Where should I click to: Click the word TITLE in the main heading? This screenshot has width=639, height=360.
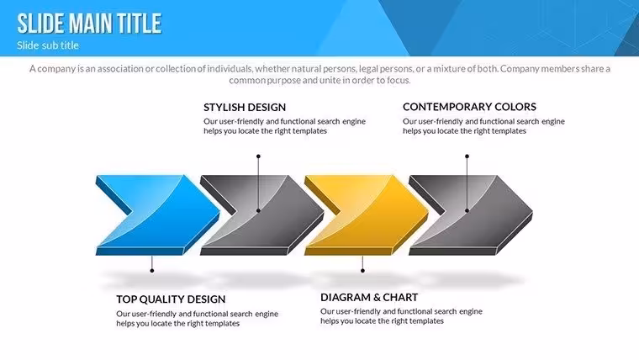tap(139, 24)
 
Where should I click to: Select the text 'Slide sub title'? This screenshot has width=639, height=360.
tap(48, 45)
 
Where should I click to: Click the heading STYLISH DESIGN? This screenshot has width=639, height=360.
tap(245, 107)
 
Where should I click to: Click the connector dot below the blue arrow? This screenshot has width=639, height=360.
tap(152, 271)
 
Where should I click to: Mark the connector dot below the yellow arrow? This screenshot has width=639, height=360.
tap(362, 271)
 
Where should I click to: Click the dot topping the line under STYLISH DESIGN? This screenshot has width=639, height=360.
tap(258, 156)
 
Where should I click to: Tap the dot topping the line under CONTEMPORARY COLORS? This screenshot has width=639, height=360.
tap(467, 156)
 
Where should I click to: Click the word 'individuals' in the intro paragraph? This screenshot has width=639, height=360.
tap(230, 68)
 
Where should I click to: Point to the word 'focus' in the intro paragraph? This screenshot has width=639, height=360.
tap(399, 80)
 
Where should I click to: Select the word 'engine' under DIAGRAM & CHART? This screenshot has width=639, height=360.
tap(471, 311)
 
